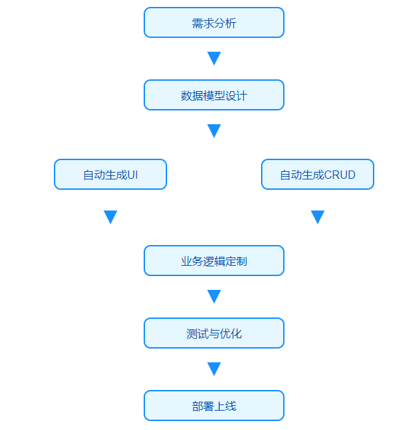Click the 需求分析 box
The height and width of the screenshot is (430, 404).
pyautogui.click(x=214, y=23)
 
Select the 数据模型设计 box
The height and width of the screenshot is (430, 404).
pyautogui.click(x=214, y=95)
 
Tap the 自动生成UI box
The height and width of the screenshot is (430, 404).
pyautogui.click(x=110, y=174)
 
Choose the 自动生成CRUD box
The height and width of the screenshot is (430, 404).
pyautogui.click(x=318, y=174)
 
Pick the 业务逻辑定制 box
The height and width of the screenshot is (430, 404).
pyautogui.click(x=214, y=260)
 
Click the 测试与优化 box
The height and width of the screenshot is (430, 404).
pyautogui.click(x=214, y=333)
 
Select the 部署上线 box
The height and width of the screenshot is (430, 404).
pyautogui.click(x=214, y=405)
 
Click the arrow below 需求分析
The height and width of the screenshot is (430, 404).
pyautogui.click(x=214, y=58)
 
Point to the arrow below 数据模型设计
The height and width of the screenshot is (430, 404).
pyautogui.click(x=214, y=131)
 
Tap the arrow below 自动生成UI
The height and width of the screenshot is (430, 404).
pyautogui.click(x=110, y=217)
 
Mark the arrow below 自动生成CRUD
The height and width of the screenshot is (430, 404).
pyautogui.click(x=318, y=217)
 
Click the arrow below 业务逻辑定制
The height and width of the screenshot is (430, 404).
pyautogui.click(x=214, y=297)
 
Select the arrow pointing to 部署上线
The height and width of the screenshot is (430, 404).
pyautogui.click(x=214, y=369)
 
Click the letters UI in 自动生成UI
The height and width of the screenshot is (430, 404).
pyautogui.click(x=133, y=175)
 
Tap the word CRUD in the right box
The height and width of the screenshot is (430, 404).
pyautogui.click(x=340, y=175)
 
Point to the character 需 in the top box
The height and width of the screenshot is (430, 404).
pyautogui.click(x=198, y=23)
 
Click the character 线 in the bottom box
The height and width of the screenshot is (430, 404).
pyautogui.click(x=231, y=406)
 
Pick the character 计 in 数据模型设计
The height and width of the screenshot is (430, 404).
pyautogui.click(x=242, y=96)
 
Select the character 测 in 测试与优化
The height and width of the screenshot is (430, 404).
pyautogui.click(x=192, y=334)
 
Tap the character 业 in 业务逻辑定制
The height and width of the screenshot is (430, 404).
pyautogui.click(x=186, y=262)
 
